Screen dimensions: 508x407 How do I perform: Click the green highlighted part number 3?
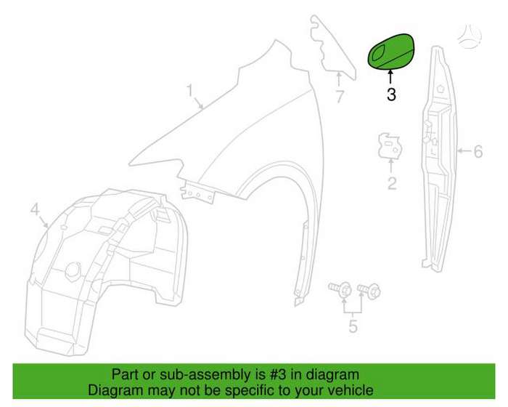pos(391,52)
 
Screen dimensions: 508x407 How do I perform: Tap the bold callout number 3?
pos(391,94)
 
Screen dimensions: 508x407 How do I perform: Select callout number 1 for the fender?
pos(190,91)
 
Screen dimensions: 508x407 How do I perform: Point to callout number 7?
pos(339,97)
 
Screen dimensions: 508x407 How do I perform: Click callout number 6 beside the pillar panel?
pos(478,152)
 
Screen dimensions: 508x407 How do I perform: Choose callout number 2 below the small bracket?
pos(392,184)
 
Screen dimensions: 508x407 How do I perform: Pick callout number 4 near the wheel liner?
pos(35,209)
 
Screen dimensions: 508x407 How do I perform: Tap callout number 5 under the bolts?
pos(353,326)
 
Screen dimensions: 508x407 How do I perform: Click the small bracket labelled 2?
pos(390,146)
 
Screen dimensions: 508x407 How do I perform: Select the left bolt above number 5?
pos(340,289)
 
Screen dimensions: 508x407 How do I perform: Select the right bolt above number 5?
pos(369,290)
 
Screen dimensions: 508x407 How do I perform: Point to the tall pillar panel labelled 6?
pos(439,159)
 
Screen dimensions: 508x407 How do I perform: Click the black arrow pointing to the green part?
pos(390,78)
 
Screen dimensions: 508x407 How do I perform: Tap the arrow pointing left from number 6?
pos(464,151)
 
